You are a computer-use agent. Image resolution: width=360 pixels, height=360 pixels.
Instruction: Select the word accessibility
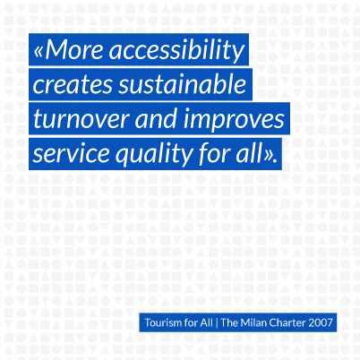pos(177,51)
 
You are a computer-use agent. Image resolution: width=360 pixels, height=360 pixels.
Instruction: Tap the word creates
pos(73,84)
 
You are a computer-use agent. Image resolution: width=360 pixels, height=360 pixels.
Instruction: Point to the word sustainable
pos(183,84)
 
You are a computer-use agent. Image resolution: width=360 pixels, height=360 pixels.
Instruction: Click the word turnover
pos(81,119)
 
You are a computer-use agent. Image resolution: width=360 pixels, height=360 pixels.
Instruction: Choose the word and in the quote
pos(157,118)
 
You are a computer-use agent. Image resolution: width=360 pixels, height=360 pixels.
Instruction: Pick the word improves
pos(234,120)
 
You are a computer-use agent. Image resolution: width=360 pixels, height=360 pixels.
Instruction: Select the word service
pos(72,153)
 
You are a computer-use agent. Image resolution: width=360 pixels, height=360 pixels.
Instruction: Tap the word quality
pos(154,155)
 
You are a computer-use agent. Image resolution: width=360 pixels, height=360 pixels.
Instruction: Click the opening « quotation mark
pos(39,51)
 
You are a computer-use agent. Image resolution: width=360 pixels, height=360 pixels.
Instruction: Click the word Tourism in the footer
pos(159,322)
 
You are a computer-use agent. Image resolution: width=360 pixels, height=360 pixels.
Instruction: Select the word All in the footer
pos(207,322)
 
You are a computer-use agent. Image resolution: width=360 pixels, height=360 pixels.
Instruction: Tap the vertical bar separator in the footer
pos(217,323)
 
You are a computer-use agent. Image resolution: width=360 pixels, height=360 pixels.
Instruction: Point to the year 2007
pos(321,322)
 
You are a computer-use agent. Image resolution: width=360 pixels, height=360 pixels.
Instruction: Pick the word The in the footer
pos(229,322)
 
